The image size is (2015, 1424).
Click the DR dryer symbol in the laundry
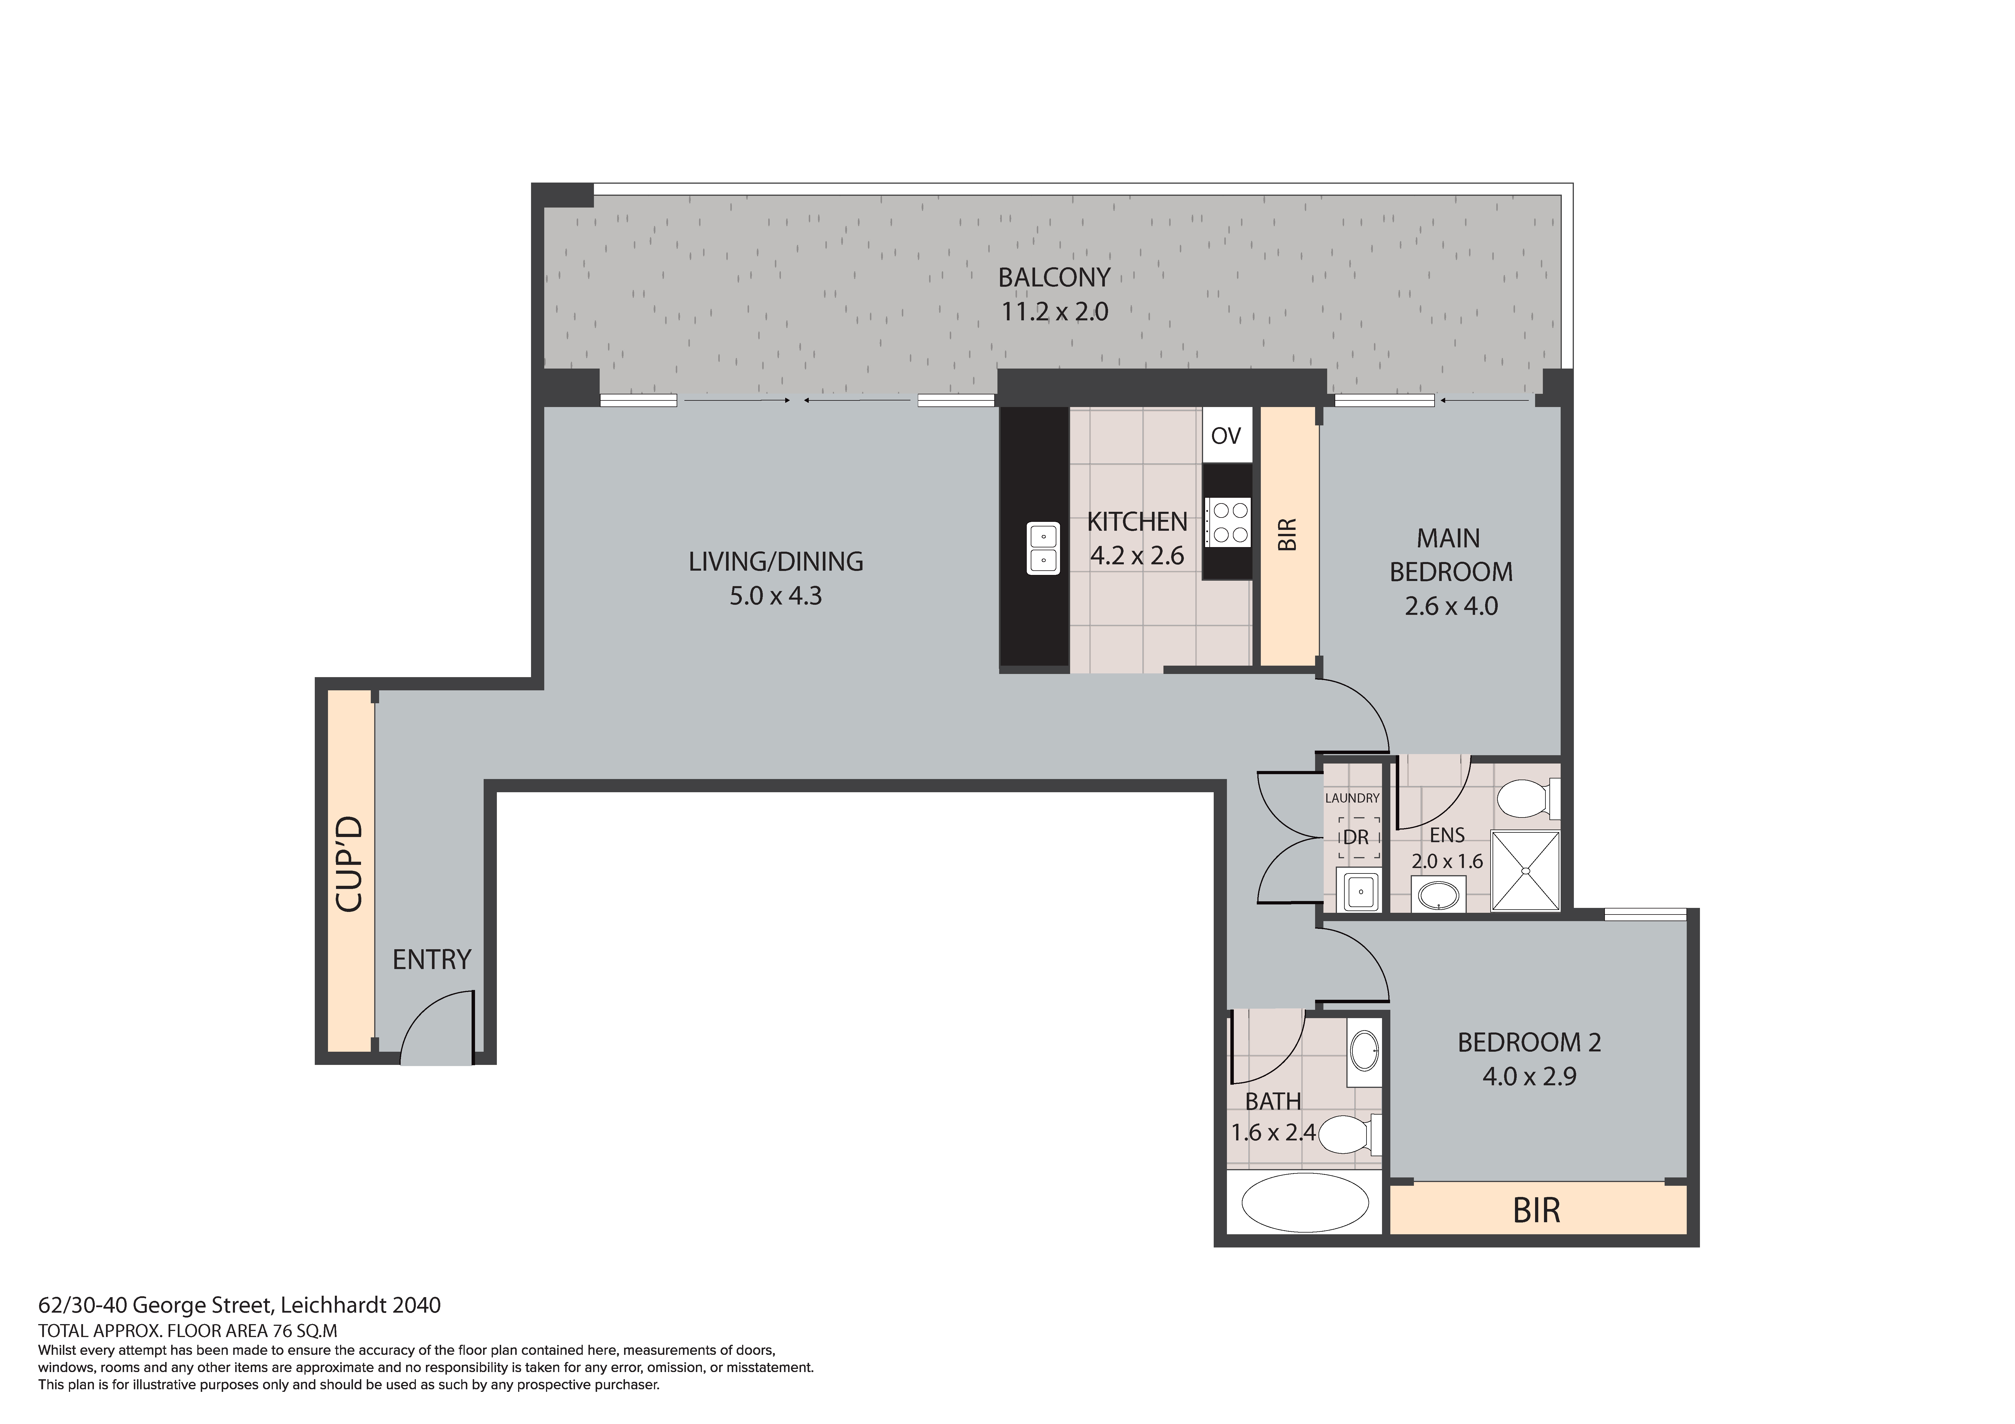[1357, 838]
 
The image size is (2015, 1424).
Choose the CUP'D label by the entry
[349, 864]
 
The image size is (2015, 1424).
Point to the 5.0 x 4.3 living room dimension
[776, 597]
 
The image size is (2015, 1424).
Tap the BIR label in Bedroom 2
[1537, 1210]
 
